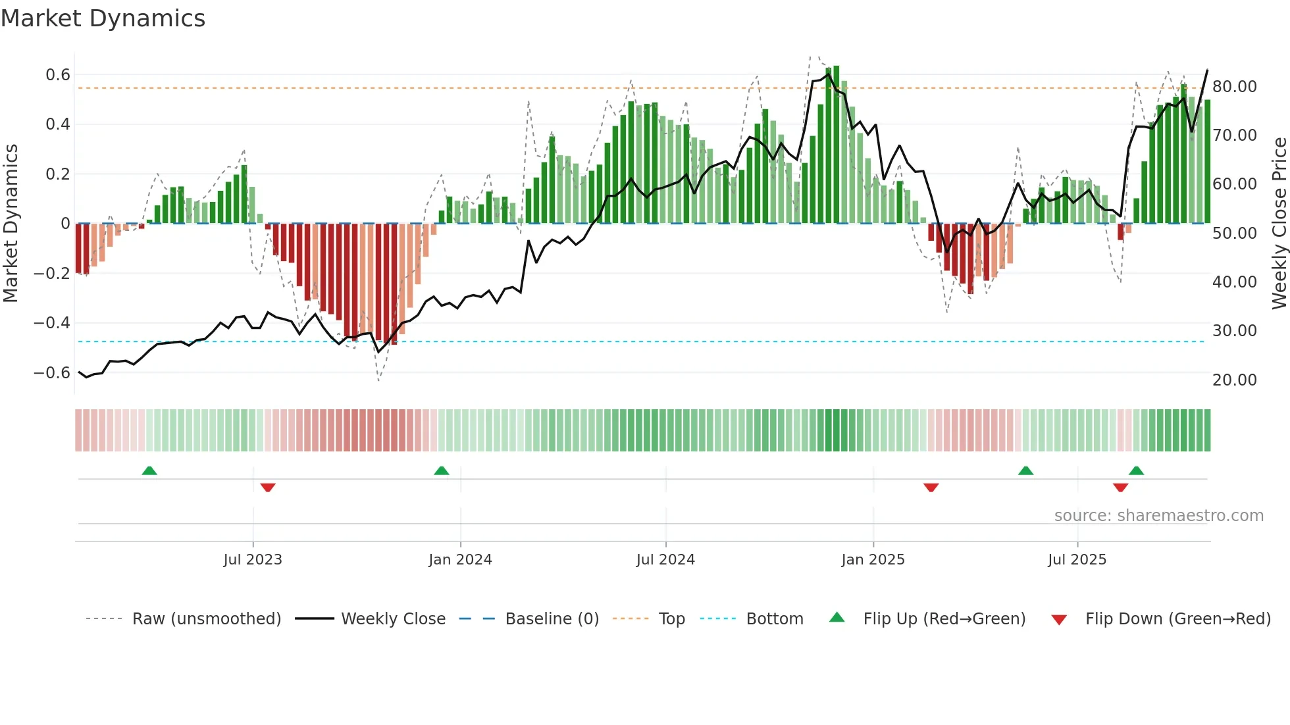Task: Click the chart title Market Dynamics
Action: [x=103, y=18]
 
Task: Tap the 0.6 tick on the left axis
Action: [x=57, y=75]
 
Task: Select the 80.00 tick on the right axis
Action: [x=1234, y=87]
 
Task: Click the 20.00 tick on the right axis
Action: [x=1234, y=380]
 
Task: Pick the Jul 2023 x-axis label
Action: [x=253, y=560]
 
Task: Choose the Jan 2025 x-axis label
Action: [x=873, y=560]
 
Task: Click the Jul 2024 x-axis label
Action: [x=665, y=560]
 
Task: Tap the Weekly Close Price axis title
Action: [x=1279, y=224]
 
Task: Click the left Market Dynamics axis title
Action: [x=11, y=224]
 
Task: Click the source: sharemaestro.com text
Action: [x=1158, y=516]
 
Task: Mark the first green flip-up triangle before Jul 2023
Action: [x=149, y=471]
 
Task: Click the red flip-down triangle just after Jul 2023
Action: [x=268, y=488]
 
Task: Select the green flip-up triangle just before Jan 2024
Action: [x=442, y=471]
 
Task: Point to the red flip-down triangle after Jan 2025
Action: [x=931, y=488]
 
